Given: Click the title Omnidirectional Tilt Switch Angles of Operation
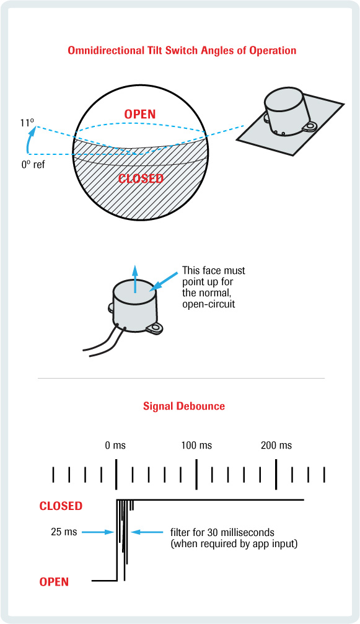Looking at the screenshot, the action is pos(182,51).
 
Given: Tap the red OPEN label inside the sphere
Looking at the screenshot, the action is pos(139,114).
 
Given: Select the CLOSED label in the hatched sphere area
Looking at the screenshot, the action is pos(141,178).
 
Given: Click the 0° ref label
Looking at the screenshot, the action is pos(33,164).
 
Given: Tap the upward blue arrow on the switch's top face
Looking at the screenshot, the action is pos(135,279).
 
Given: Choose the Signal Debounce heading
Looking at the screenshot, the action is pos(184,406).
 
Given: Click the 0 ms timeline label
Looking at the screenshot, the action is pos(115,445).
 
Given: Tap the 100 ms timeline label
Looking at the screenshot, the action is pos(196,445).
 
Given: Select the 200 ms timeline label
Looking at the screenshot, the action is pos(276,445).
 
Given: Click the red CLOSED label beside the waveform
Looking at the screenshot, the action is pos(61,506).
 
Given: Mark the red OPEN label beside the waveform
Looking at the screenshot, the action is pos(54,581).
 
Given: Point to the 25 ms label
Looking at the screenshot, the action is pos(64,531).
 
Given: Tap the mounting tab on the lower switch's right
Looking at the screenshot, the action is pos(155,328).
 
